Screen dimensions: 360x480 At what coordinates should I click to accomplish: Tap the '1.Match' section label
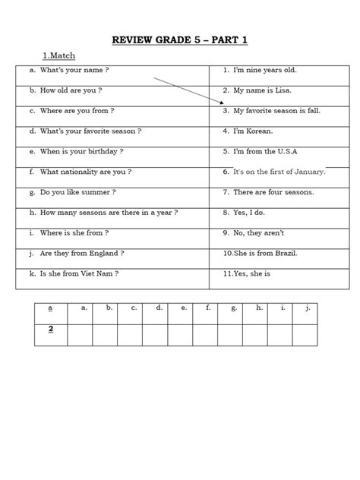click(58, 55)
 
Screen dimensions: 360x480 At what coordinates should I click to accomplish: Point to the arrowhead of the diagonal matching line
click(223, 103)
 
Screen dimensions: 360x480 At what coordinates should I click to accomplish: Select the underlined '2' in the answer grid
click(50, 329)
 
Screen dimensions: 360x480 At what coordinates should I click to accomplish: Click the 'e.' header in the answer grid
click(183, 308)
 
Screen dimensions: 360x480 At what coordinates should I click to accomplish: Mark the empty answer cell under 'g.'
click(233, 334)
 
